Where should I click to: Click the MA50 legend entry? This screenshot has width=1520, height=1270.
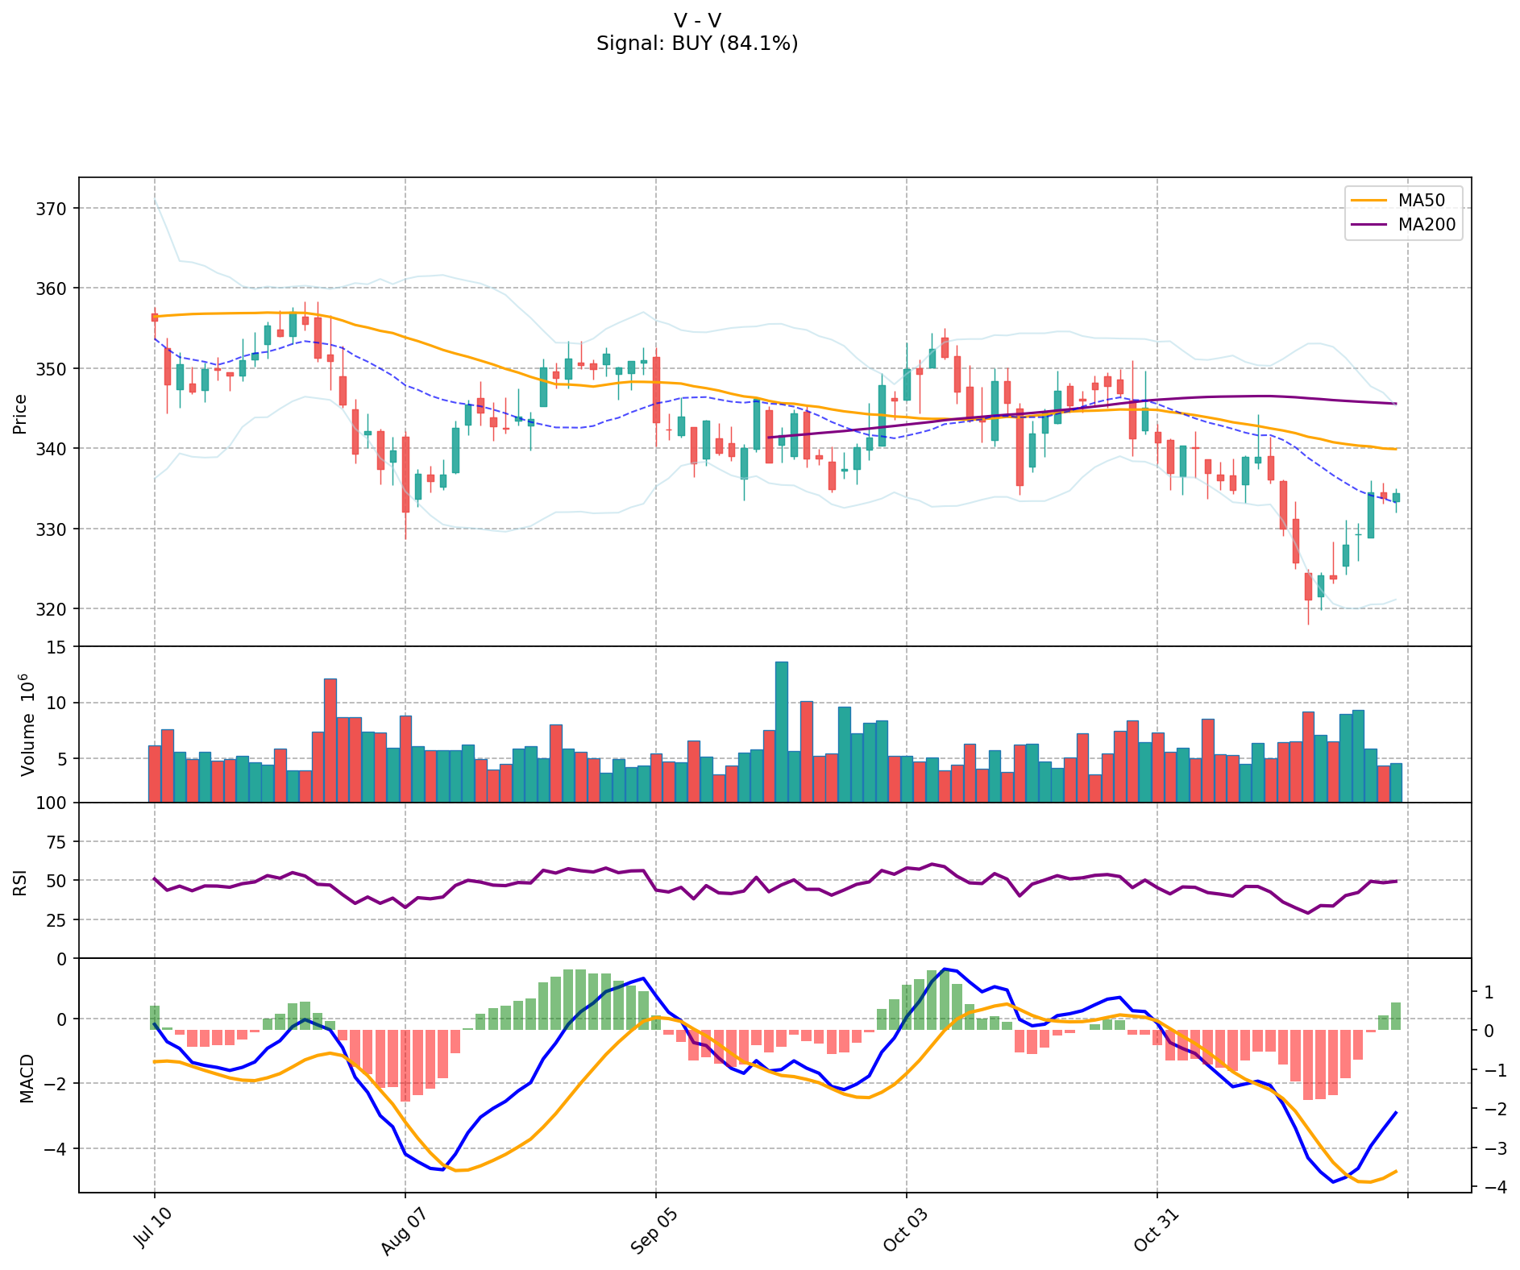click(x=1421, y=201)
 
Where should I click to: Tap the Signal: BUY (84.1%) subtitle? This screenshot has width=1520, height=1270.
click(x=697, y=44)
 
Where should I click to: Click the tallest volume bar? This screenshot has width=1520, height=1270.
click(x=782, y=732)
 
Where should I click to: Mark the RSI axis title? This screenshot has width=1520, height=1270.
click(x=20, y=882)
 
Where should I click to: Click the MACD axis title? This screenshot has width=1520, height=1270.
click(x=27, y=1078)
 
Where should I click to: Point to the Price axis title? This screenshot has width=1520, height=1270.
click(x=20, y=413)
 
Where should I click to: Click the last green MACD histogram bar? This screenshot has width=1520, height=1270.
click(x=1396, y=1016)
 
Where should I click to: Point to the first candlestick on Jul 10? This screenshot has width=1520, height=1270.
click(x=155, y=317)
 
